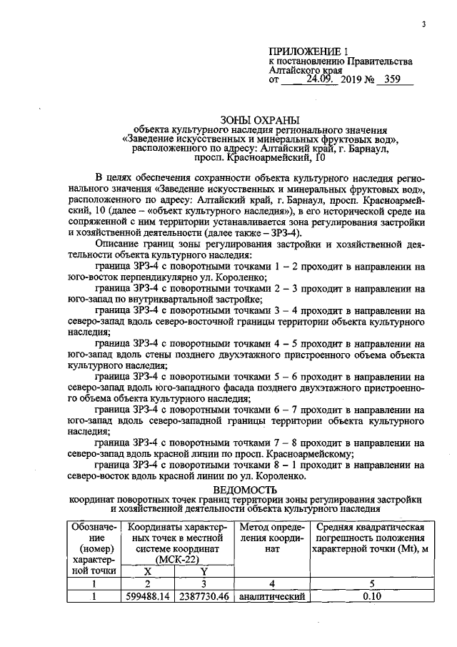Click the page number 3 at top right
click(423, 25)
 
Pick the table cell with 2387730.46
click(204, 594)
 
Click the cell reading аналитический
click(267, 594)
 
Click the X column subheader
click(148, 571)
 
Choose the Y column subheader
click(204, 571)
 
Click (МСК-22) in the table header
click(176, 559)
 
